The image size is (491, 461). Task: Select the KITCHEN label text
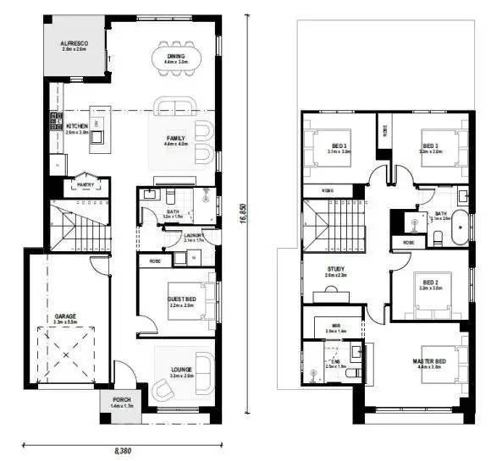pyautogui.click(x=78, y=127)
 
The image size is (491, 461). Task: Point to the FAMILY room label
pyautogui.click(x=175, y=138)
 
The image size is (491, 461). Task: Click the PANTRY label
pyautogui.click(x=85, y=184)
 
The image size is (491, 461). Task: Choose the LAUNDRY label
pyautogui.click(x=194, y=236)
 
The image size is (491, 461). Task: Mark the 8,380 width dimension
pyautogui.click(x=123, y=450)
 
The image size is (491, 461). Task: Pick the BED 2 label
pyautogui.click(x=430, y=283)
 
